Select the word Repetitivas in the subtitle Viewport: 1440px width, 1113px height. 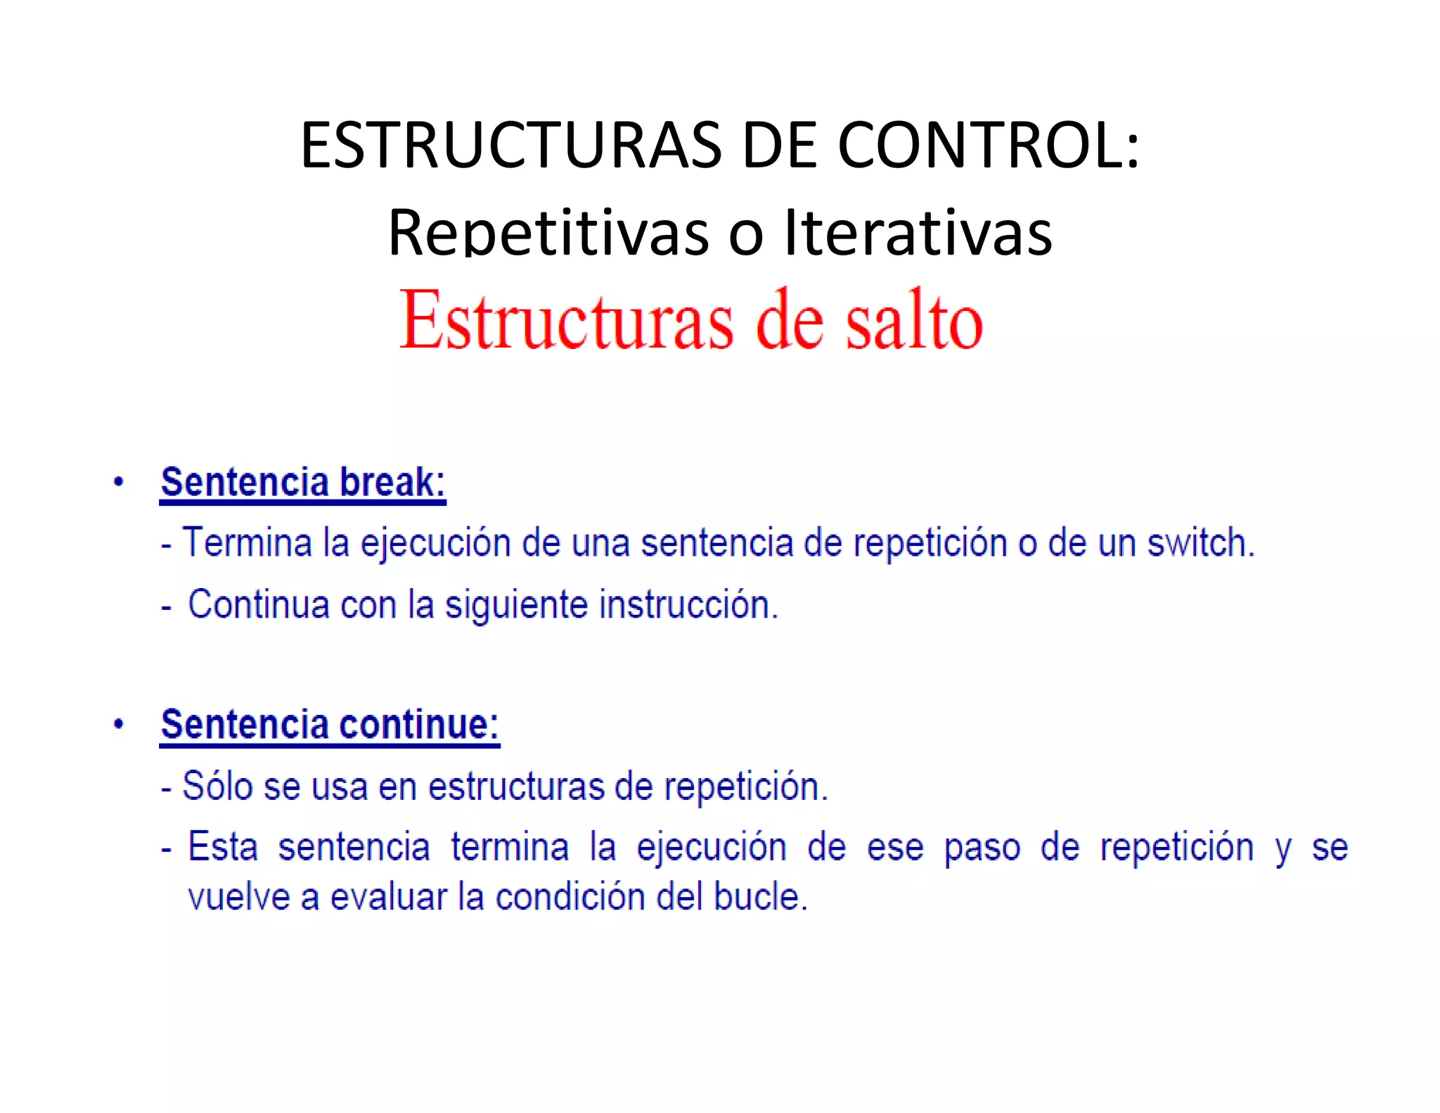pos(548,232)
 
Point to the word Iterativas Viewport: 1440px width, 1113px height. pos(918,232)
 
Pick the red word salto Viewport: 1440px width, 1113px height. pos(914,322)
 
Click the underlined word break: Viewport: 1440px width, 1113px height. pos(392,483)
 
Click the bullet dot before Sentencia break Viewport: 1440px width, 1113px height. pos(119,483)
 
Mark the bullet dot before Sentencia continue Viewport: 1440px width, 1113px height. pos(119,725)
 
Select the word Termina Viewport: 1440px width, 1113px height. pos(247,543)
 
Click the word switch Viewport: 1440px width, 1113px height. pos(1201,543)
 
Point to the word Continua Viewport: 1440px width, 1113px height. pos(258,604)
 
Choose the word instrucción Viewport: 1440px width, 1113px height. pos(688,604)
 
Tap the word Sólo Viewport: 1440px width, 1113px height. pos(217,786)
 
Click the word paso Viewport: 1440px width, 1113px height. pos(982,848)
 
